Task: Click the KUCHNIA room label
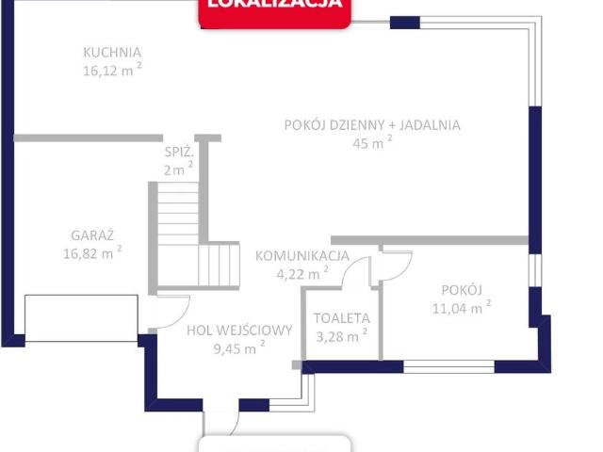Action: click(x=111, y=53)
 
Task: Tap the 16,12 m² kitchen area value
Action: click(x=111, y=71)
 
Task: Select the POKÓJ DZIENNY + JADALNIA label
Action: click(x=373, y=124)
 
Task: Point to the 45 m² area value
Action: click(x=371, y=143)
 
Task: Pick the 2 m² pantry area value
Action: click(x=177, y=169)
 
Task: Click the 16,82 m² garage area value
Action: click(x=91, y=252)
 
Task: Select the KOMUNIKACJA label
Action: click(x=302, y=255)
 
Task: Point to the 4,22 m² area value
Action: click(x=301, y=274)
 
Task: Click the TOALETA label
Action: click(x=341, y=318)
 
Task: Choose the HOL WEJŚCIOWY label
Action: click(x=239, y=331)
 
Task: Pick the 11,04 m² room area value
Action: click(x=462, y=307)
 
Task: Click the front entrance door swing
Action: click(x=222, y=424)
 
